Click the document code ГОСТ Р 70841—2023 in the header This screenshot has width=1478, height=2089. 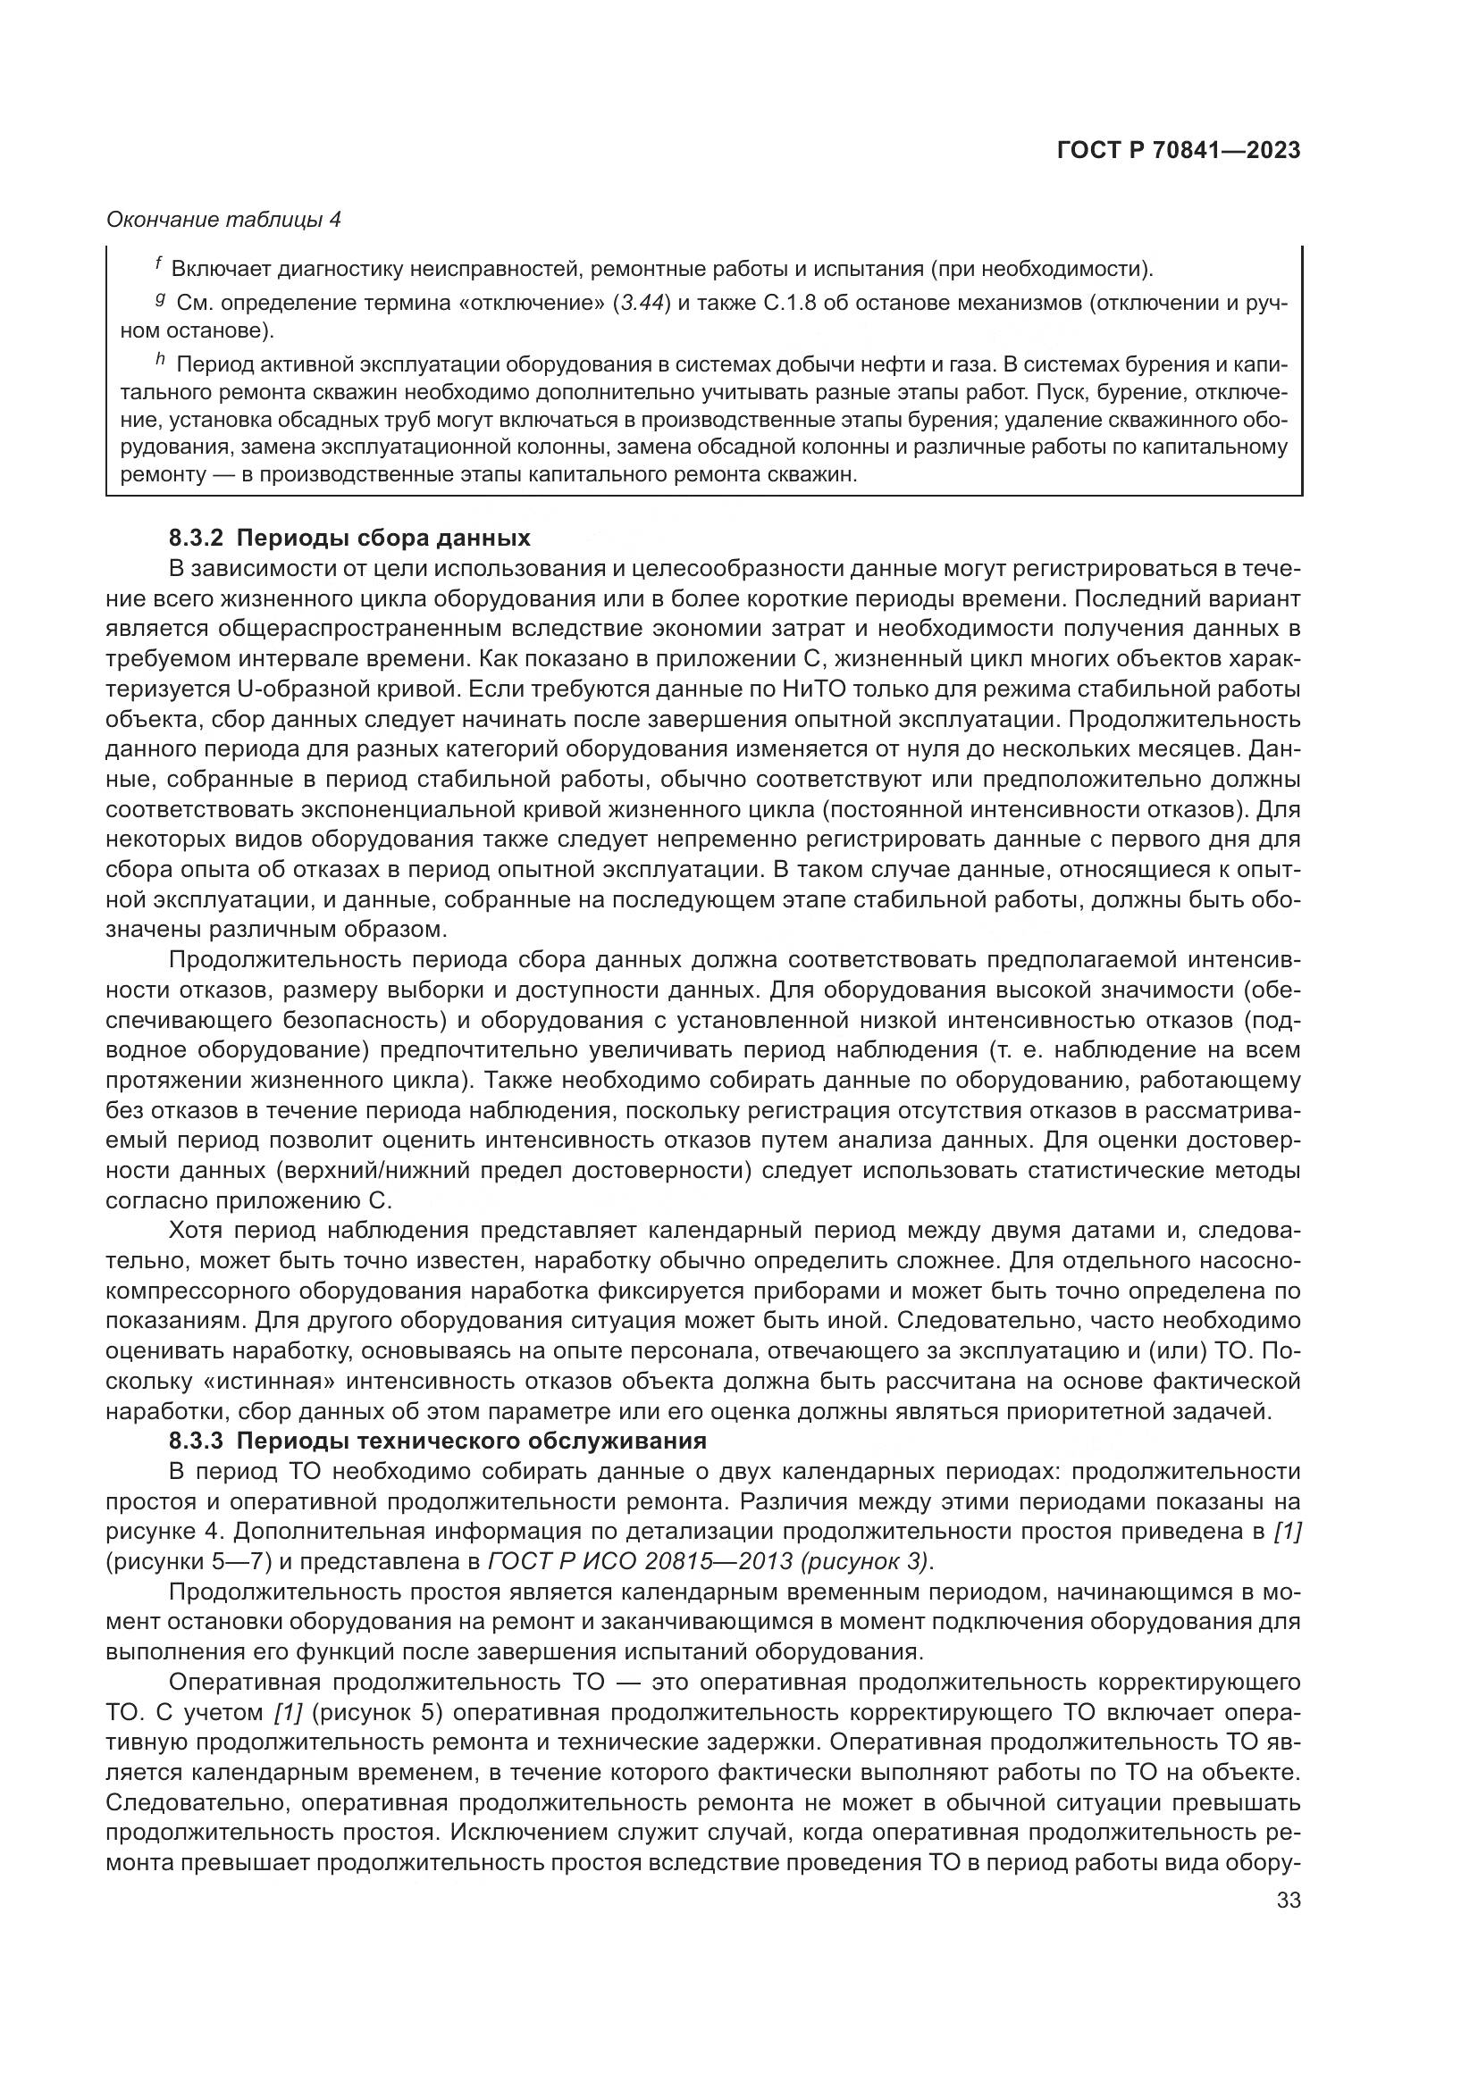click(1179, 150)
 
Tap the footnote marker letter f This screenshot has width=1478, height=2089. click(158, 264)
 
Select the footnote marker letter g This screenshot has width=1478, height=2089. click(159, 299)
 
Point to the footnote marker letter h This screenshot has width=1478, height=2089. click(159, 361)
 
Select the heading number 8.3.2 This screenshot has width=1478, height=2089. click(196, 538)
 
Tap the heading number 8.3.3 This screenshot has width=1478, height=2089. click(196, 1441)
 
